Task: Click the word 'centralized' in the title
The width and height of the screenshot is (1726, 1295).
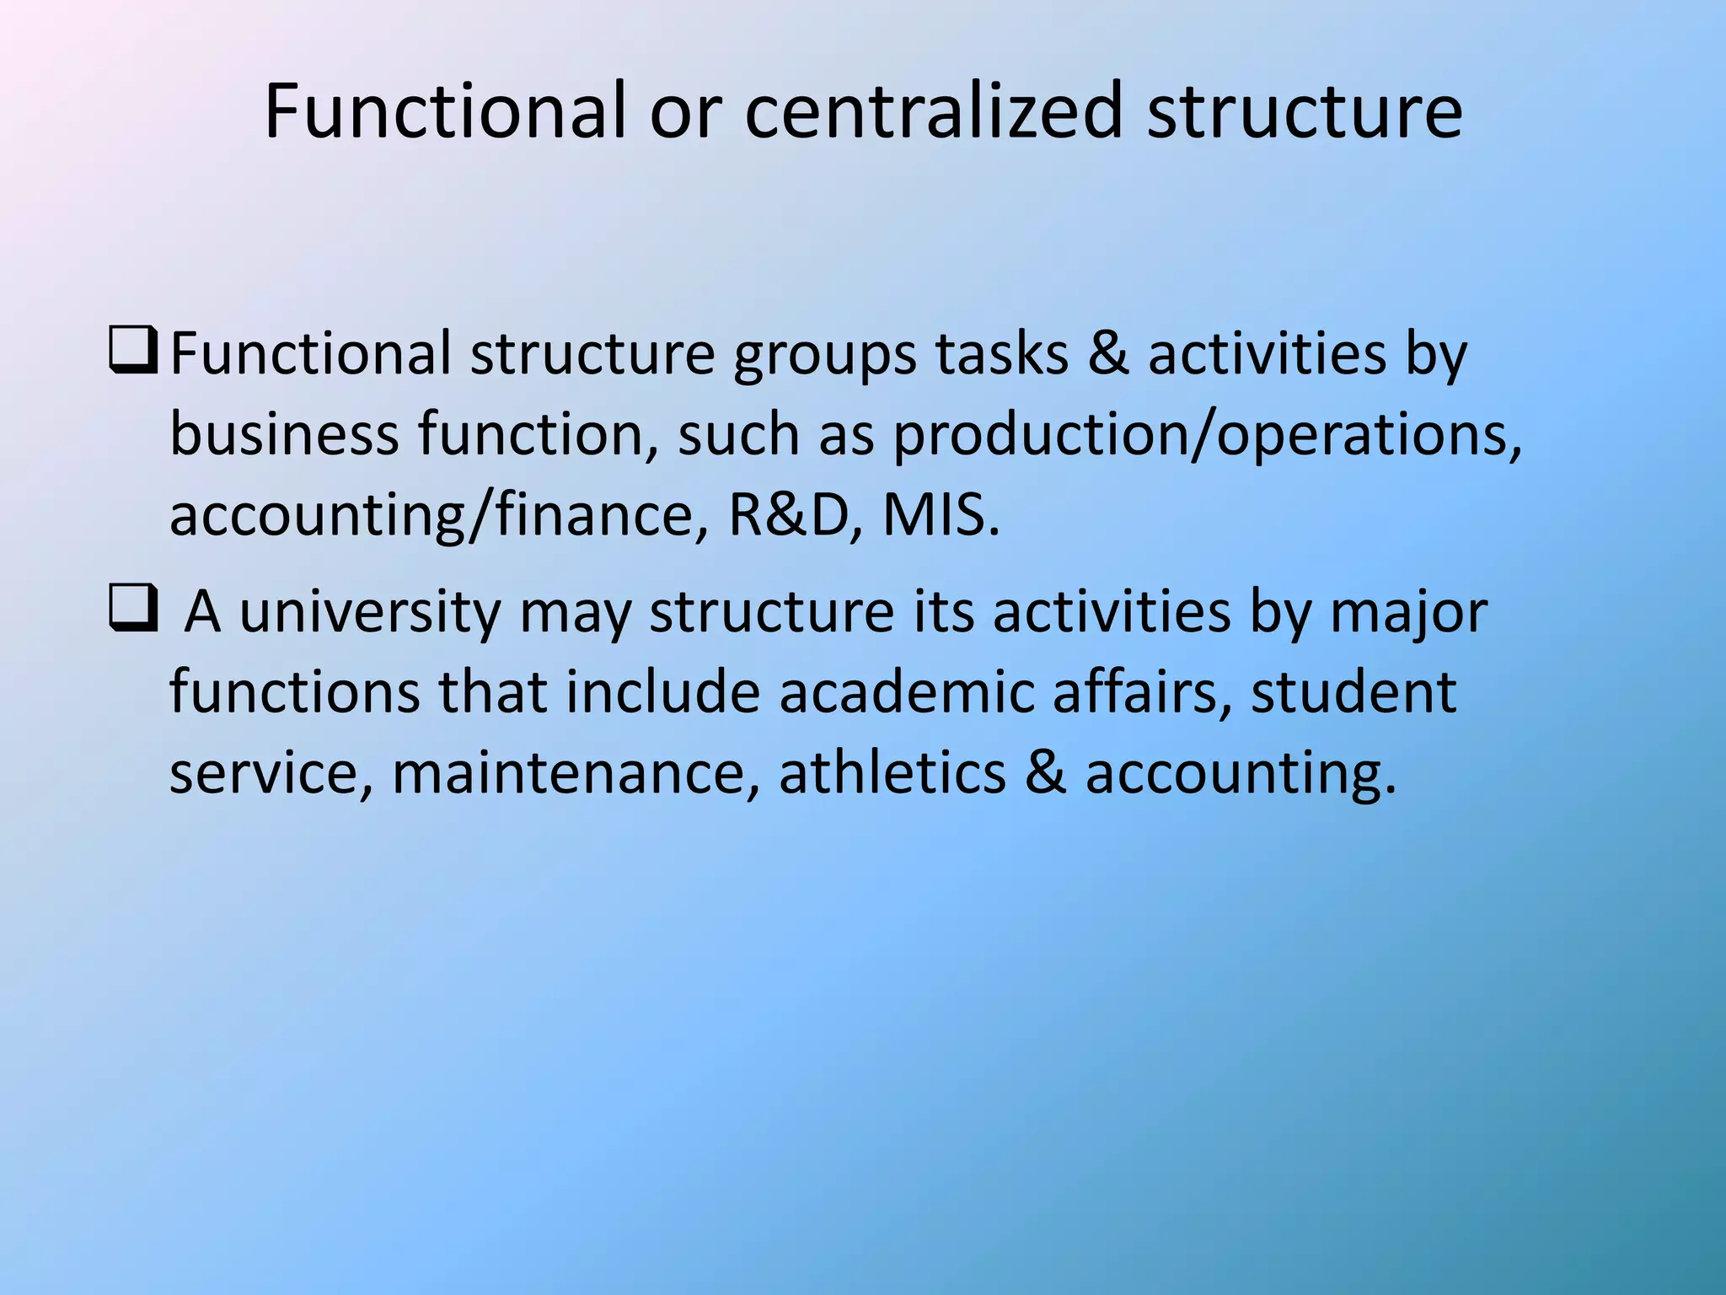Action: pyautogui.click(x=934, y=111)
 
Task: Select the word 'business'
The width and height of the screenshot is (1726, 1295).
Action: pyautogui.click(x=284, y=434)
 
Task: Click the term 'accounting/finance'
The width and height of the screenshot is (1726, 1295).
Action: pyautogui.click(x=430, y=515)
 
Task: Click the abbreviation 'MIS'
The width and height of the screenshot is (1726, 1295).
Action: pyautogui.click(x=939, y=515)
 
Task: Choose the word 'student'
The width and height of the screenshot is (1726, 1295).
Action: pyautogui.click(x=1353, y=692)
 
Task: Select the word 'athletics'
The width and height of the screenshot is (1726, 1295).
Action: pyautogui.click(x=892, y=773)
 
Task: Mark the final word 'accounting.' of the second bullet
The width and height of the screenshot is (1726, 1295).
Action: pyautogui.click(x=1241, y=773)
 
